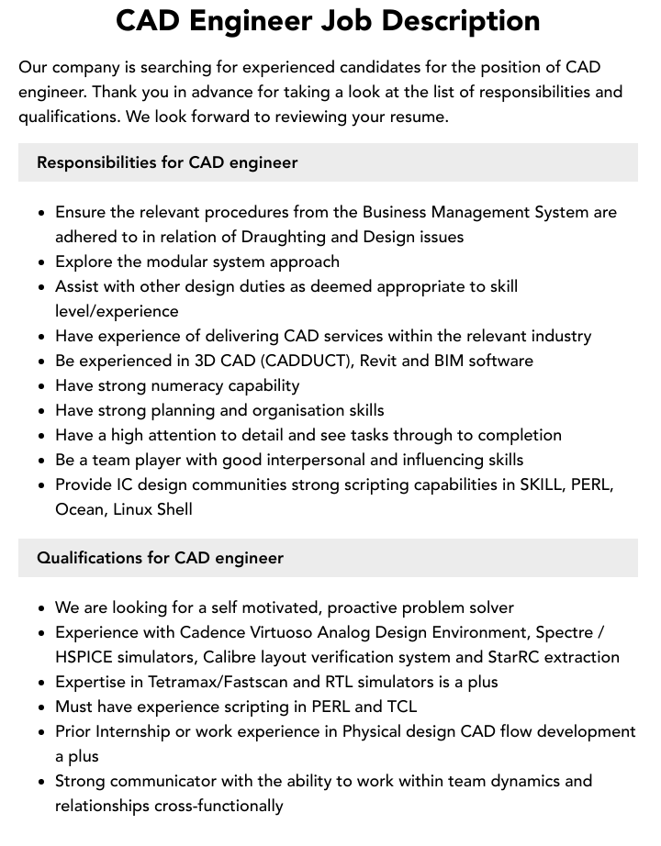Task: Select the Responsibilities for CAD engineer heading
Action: point(167,162)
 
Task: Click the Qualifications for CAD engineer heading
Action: point(160,558)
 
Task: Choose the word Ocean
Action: point(80,509)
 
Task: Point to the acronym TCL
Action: point(401,707)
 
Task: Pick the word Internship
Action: point(137,731)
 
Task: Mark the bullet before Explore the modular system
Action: point(41,262)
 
